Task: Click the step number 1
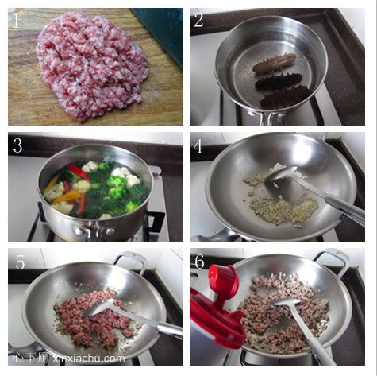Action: click(x=17, y=21)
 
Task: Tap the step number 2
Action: click(x=198, y=21)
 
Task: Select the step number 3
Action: click(x=17, y=145)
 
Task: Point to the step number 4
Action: click(x=198, y=146)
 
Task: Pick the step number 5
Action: click(x=20, y=262)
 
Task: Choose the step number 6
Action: click(x=199, y=262)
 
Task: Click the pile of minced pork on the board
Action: click(x=91, y=65)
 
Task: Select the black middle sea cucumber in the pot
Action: click(x=279, y=83)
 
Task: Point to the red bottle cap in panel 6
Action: click(x=225, y=281)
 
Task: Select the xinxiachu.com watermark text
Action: click(x=89, y=359)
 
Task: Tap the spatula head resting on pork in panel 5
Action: click(x=98, y=308)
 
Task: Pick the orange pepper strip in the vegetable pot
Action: click(x=66, y=196)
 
